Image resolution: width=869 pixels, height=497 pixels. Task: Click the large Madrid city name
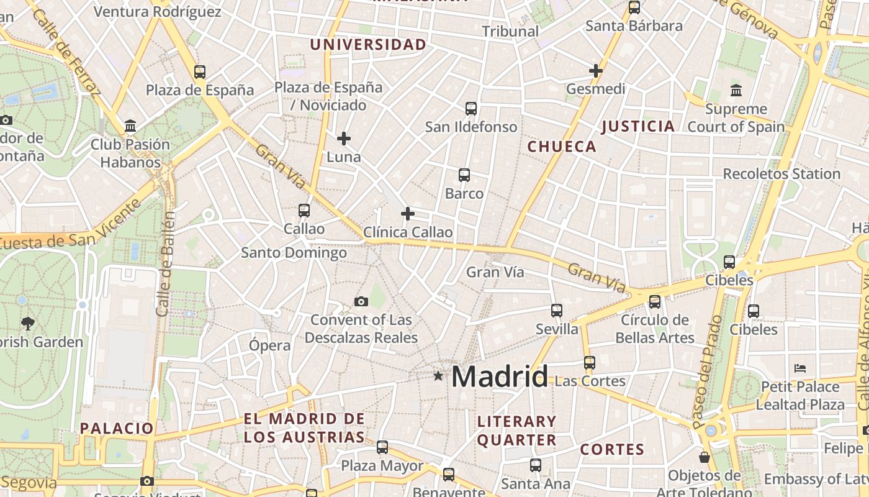click(x=500, y=376)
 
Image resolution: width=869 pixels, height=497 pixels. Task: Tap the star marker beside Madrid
click(x=438, y=376)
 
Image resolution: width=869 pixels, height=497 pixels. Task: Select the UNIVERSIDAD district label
click(x=368, y=45)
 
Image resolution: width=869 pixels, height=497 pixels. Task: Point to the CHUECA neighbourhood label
click(x=562, y=147)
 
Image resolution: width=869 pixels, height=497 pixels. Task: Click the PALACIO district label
click(x=117, y=428)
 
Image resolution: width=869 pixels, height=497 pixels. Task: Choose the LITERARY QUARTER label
click(x=516, y=431)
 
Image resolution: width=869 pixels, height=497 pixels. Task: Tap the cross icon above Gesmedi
click(x=596, y=71)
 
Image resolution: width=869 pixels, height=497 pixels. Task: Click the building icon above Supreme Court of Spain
click(x=736, y=91)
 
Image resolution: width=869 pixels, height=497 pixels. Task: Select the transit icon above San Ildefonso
click(x=471, y=109)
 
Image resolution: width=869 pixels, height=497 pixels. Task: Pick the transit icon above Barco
click(x=464, y=175)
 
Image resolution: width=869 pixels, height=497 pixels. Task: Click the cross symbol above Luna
click(x=344, y=139)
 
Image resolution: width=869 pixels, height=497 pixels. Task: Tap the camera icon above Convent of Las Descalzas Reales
click(x=361, y=302)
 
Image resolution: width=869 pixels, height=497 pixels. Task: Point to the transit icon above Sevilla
click(x=557, y=310)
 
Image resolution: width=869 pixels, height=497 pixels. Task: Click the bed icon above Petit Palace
click(x=800, y=368)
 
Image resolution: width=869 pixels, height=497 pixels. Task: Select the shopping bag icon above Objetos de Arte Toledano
click(x=705, y=457)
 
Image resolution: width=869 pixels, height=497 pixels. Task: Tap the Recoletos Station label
click(x=781, y=174)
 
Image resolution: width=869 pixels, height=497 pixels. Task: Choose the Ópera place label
click(x=269, y=345)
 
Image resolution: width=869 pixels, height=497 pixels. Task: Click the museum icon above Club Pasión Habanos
click(x=130, y=126)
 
